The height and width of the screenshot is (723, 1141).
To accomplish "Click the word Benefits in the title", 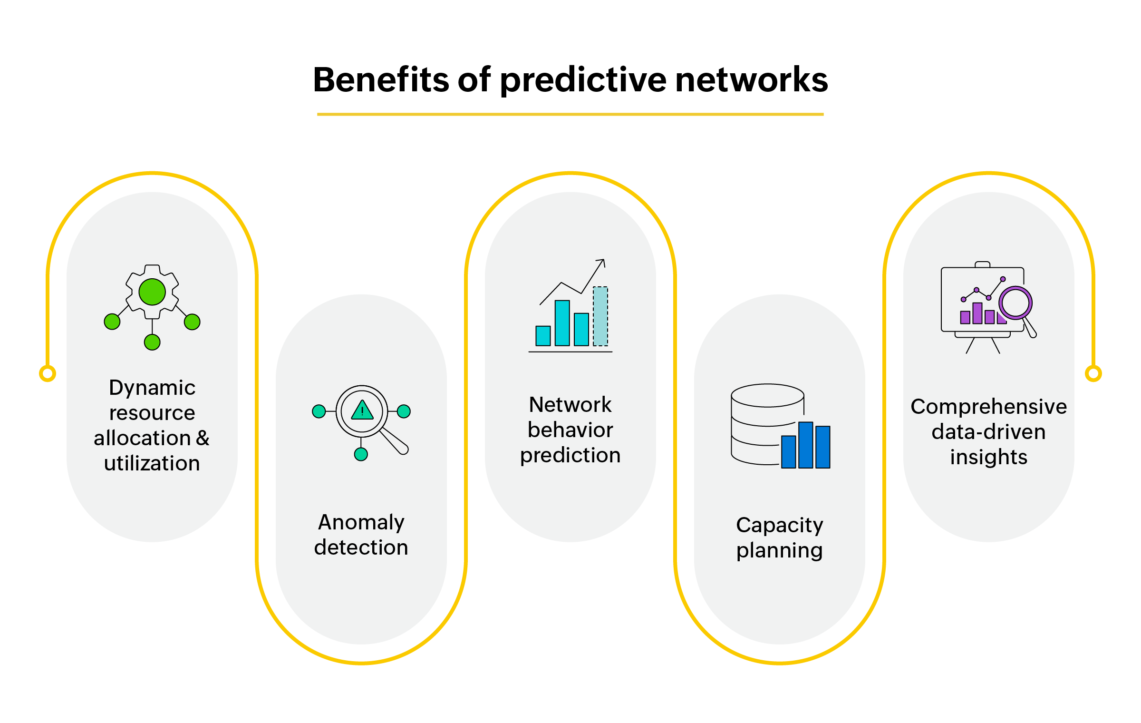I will point(380,80).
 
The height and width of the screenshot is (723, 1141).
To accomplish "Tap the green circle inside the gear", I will point(152,292).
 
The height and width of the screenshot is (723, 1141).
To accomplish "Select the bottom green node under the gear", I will point(152,342).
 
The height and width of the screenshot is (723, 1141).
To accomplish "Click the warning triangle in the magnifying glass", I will point(362,410).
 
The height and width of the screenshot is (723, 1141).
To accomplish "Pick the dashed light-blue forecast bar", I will point(600,316).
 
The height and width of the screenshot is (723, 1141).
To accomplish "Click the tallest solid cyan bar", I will point(562,322).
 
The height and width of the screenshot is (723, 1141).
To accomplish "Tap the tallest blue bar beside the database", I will point(805,445).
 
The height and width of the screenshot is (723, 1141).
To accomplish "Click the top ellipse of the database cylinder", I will point(767,395).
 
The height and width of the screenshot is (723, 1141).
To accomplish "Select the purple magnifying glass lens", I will point(1015,303).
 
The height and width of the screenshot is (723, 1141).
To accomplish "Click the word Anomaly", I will point(361,522).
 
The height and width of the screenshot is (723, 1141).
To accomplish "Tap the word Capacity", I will point(780,525).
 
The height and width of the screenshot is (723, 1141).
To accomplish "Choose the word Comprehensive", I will point(989,407).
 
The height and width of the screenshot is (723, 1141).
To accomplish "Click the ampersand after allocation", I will point(203,438).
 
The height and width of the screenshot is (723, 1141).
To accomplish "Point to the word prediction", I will point(570,455).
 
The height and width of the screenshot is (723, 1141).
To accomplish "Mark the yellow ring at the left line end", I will point(48,373).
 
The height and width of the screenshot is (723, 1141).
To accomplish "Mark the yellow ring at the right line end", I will point(1093,373).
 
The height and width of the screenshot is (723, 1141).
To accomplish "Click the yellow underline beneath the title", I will point(570,114).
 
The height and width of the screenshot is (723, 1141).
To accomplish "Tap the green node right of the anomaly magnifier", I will point(404,411).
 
